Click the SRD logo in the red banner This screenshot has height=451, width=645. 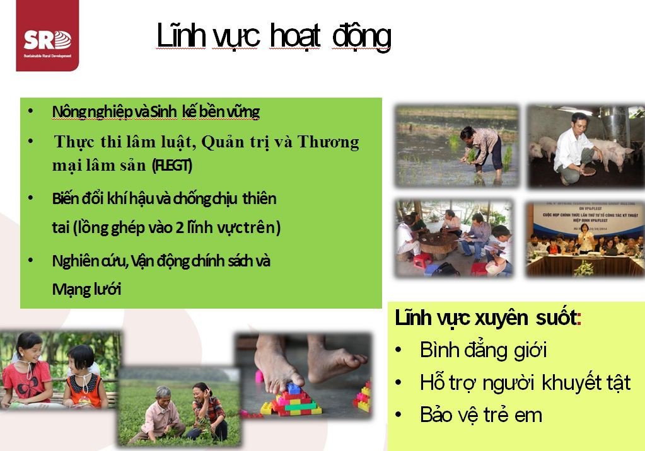pos(47,41)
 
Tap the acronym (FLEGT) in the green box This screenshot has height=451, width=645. pos(172,166)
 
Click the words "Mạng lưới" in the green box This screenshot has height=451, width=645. pos(86,289)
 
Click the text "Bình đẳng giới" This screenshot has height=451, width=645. pos(483,350)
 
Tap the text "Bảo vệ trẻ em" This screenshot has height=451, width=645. pos(480,414)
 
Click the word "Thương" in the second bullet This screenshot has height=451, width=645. pos(328,142)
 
